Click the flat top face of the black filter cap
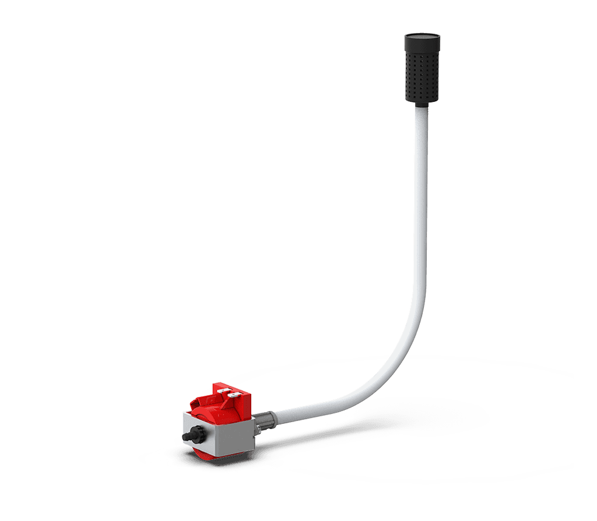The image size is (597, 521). click(422, 36)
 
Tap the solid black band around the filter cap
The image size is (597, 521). click(422, 44)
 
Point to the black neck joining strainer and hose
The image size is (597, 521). click(421, 105)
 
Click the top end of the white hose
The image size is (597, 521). click(421, 113)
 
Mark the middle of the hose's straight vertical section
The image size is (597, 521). click(421, 204)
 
